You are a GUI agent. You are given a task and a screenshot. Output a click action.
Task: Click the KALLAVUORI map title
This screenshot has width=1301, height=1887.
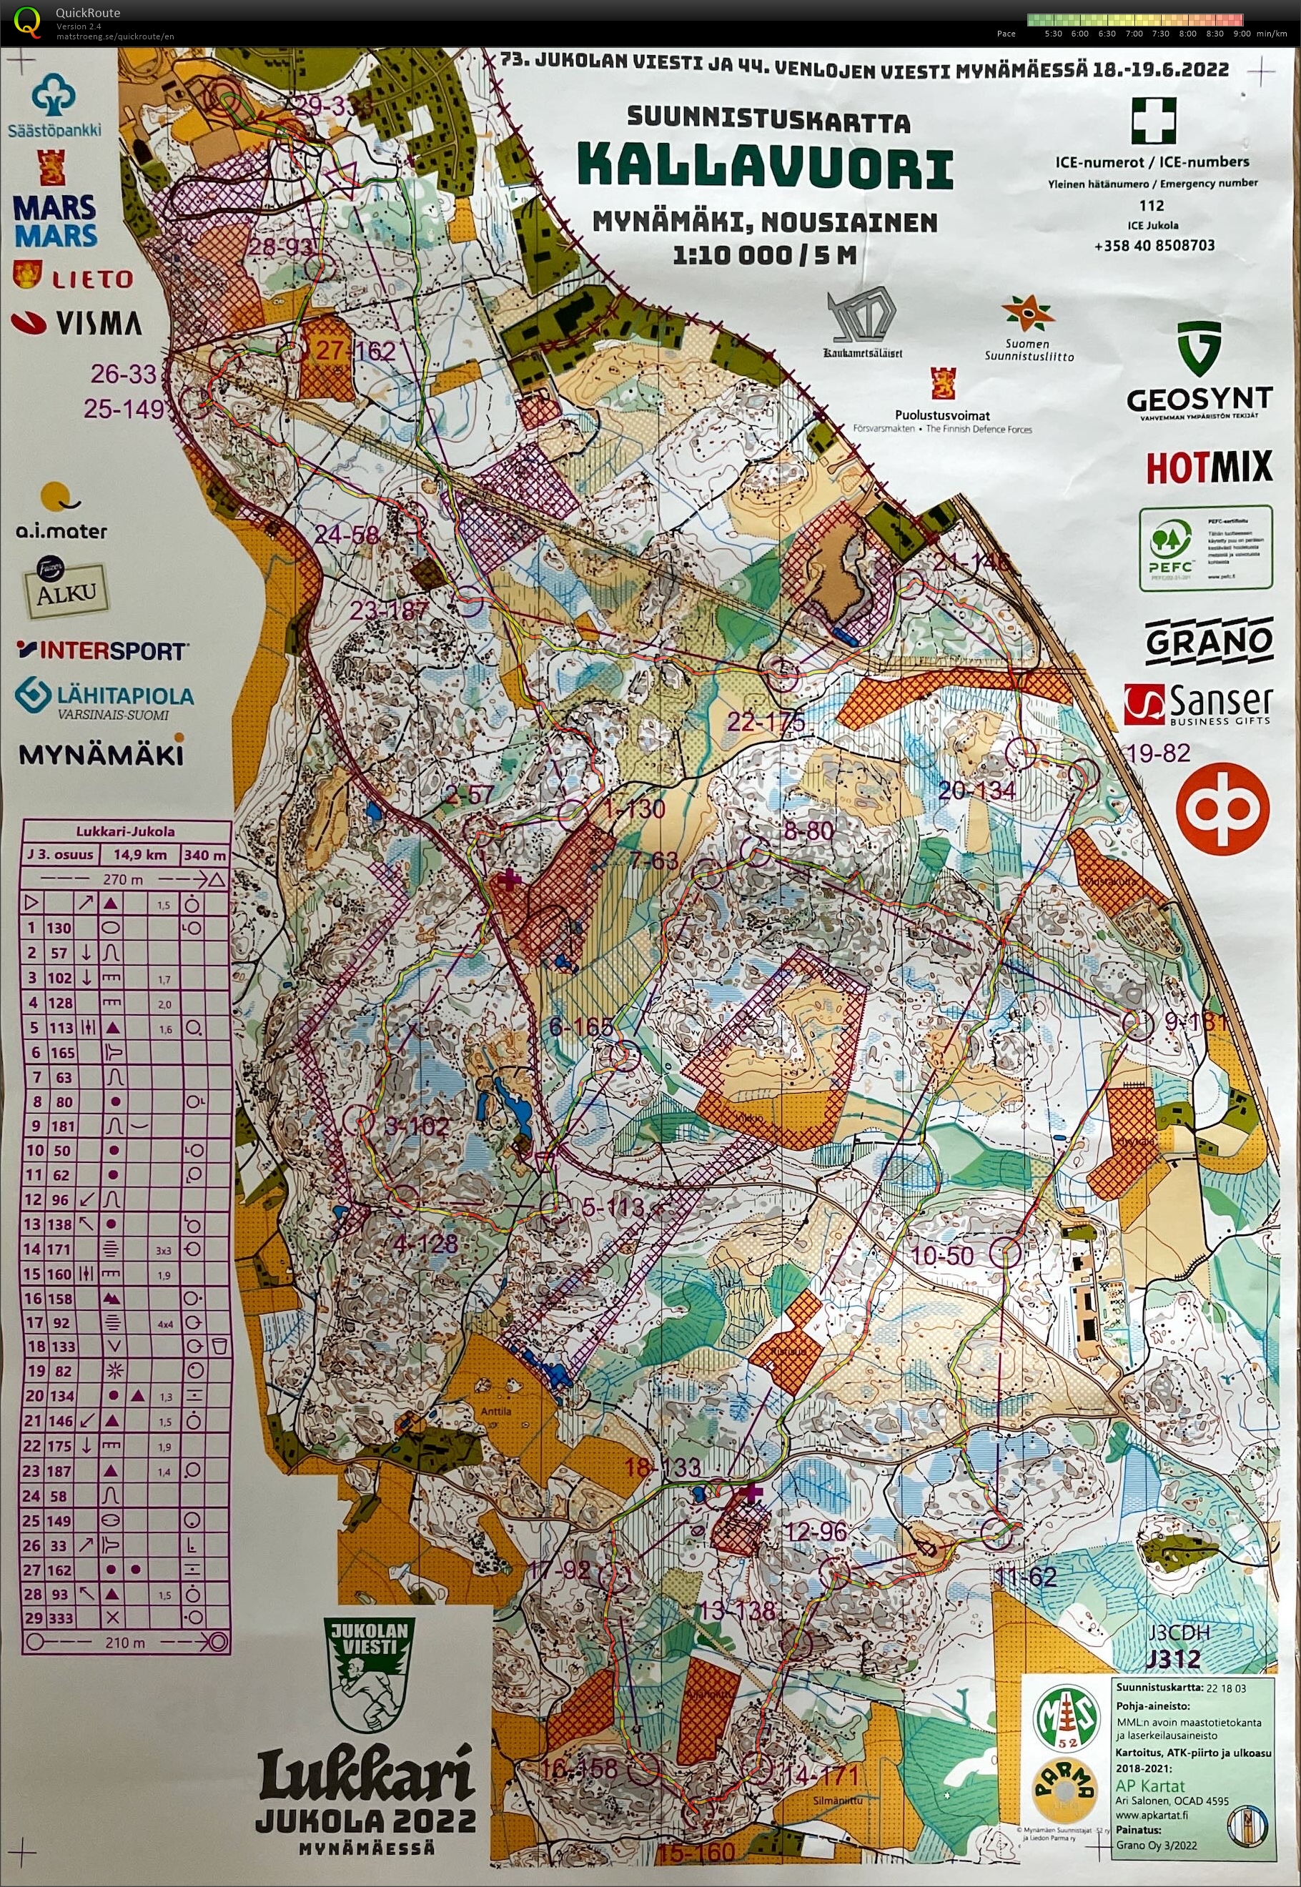tap(765, 167)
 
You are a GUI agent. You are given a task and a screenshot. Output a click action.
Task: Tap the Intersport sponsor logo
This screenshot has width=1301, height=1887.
tap(102, 650)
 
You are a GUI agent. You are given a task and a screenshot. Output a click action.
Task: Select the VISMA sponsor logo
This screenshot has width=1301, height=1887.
tap(77, 324)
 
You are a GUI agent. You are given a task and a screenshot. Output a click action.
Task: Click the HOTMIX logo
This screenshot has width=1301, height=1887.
tap(1208, 467)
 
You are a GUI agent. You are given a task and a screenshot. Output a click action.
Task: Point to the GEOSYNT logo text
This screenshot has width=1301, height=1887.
tap(1199, 399)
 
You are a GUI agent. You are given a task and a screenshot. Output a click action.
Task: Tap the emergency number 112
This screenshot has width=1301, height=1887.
tap(1151, 205)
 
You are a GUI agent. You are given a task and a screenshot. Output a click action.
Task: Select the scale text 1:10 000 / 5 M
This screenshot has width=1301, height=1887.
tap(764, 255)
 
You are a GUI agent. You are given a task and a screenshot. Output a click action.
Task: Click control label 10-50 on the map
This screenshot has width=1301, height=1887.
tap(941, 1255)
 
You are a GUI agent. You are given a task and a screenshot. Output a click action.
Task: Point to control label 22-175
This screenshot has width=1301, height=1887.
tap(766, 721)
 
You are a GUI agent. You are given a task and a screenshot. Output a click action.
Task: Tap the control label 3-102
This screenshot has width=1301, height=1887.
tap(417, 1126)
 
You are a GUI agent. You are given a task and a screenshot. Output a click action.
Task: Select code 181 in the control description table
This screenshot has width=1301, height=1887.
tap(62, 1126)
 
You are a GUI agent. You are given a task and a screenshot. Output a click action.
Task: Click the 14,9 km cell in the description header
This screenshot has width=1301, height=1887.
tap(139, 855)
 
